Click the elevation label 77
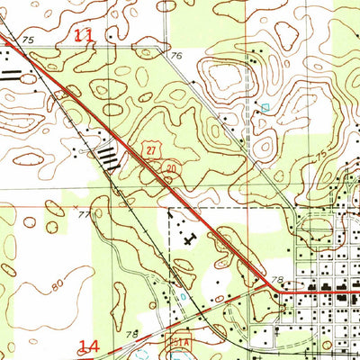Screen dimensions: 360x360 point(84,214)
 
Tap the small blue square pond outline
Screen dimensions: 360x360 point(264,107)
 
